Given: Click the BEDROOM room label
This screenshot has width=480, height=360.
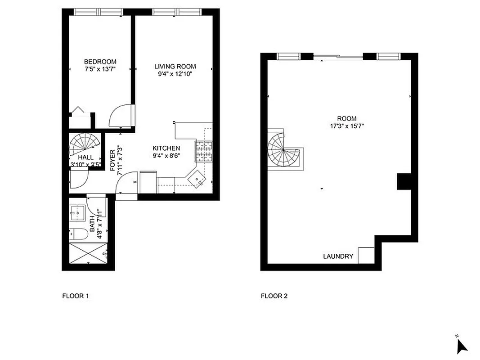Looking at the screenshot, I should (x=100, y=62).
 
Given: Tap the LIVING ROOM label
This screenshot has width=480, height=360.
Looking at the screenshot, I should (x=175, y=67).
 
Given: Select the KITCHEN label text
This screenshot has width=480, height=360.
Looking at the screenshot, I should (x=166, y=148).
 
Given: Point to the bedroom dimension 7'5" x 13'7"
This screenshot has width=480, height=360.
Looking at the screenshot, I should (x=100, y=69).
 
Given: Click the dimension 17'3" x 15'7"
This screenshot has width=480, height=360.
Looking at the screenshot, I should (x=346, y=126).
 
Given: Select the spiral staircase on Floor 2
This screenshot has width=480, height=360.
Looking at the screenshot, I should (x=282, y=151).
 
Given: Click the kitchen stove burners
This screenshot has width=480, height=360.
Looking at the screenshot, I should (x=203, y=151).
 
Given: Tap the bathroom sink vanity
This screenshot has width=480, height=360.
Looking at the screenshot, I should (x=78, y=212).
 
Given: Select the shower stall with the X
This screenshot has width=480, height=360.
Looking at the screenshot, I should (x=88, y=254).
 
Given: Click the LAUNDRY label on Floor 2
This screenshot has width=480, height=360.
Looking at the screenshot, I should (x=338, y=256).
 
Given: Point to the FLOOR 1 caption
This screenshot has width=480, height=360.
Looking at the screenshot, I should (x=75, y=296).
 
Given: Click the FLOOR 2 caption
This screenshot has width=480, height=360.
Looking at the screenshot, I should (x=274, y=296).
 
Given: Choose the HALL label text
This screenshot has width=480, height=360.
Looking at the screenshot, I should (x=85, y=157).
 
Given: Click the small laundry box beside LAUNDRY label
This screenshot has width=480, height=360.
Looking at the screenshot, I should (x=365, y=255).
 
